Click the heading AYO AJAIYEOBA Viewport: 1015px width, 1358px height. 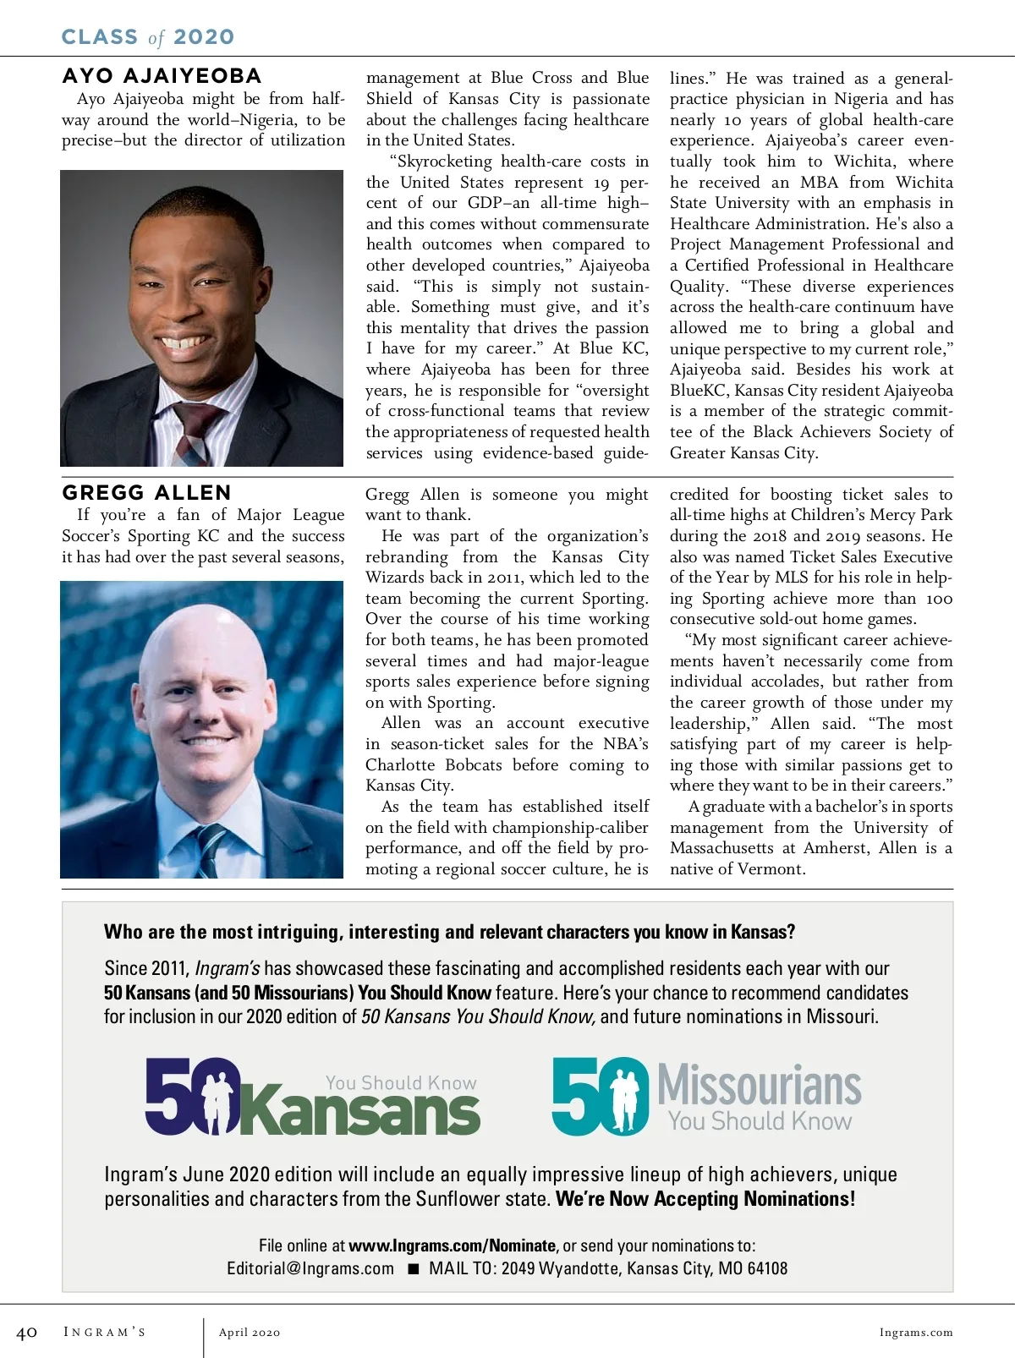coord(162,76)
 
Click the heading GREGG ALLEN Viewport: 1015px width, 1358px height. coord(146,493)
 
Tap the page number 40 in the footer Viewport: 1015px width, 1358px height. coord(27,1333)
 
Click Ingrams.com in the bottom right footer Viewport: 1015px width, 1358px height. coord(915,1333)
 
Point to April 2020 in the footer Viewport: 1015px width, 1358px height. coord(250,1333)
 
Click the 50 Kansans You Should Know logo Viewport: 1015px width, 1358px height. coord(313,1097)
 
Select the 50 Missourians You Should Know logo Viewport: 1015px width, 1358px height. coord(706,1097)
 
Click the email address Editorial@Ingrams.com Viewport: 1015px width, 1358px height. coord(310,1268)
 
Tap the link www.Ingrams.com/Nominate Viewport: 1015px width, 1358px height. coord(453,1246)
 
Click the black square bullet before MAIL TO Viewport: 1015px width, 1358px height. coord(414,1268)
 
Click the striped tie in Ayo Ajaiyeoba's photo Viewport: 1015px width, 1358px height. coord(197,432)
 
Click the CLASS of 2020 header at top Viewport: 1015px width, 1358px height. coord(148,37)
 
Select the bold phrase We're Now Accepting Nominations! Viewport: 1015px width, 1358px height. coord(705,1199)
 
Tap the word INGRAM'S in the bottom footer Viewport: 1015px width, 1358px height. coord(105,1333)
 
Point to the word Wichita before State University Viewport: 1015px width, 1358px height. coord(924,183)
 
